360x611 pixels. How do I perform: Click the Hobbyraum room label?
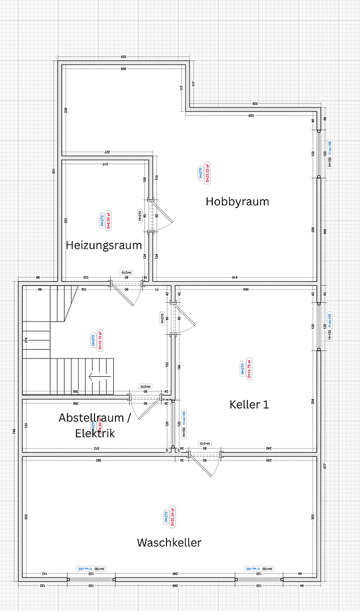(x=237, y=201)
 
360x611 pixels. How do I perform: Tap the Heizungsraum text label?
(x=104, y=245)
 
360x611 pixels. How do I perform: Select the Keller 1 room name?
(x=249, y=405)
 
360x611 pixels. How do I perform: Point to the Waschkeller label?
(x=169, y=543)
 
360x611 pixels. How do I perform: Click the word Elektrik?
(x=95, y=433)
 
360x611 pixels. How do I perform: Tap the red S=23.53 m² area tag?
(x=208, y=174)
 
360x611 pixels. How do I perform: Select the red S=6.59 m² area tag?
(x=109, y=221)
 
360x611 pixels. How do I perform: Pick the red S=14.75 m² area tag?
(x=248, y=368)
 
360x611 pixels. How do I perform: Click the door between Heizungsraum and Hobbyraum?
(x=158, y=216)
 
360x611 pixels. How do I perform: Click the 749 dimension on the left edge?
(x=14, y=431)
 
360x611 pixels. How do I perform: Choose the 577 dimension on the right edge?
(x=325, y=466)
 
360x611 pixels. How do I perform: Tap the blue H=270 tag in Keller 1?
(x=242, y=368)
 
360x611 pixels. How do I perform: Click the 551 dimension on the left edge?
(x=54, y=171)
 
